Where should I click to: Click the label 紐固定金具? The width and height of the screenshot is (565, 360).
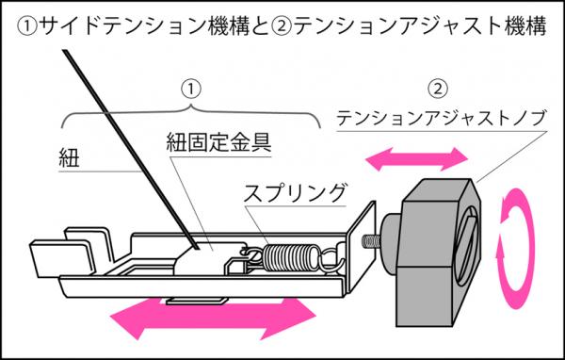(218, 142)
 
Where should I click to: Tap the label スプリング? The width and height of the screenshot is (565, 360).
(295, 193)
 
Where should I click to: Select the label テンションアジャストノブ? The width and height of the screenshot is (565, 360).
(441, 118)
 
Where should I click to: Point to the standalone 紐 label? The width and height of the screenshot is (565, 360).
(69, 158)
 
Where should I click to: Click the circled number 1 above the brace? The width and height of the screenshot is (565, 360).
(190, 89)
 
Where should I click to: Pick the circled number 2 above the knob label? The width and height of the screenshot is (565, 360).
(438, 89)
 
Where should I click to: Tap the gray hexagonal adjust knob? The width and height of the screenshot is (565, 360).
(439, 253)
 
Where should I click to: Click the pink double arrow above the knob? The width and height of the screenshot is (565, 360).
(416, 159)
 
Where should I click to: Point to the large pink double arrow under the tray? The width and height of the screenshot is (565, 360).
(213, 319)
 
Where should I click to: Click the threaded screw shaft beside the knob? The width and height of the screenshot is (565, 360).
(371, 241)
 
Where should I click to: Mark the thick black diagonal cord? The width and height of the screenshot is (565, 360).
(131, 149)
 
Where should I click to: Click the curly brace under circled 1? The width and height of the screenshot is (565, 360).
(191, 115)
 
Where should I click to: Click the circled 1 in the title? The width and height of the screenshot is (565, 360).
(27, 26)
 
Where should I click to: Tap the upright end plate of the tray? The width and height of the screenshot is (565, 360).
(361, 248)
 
